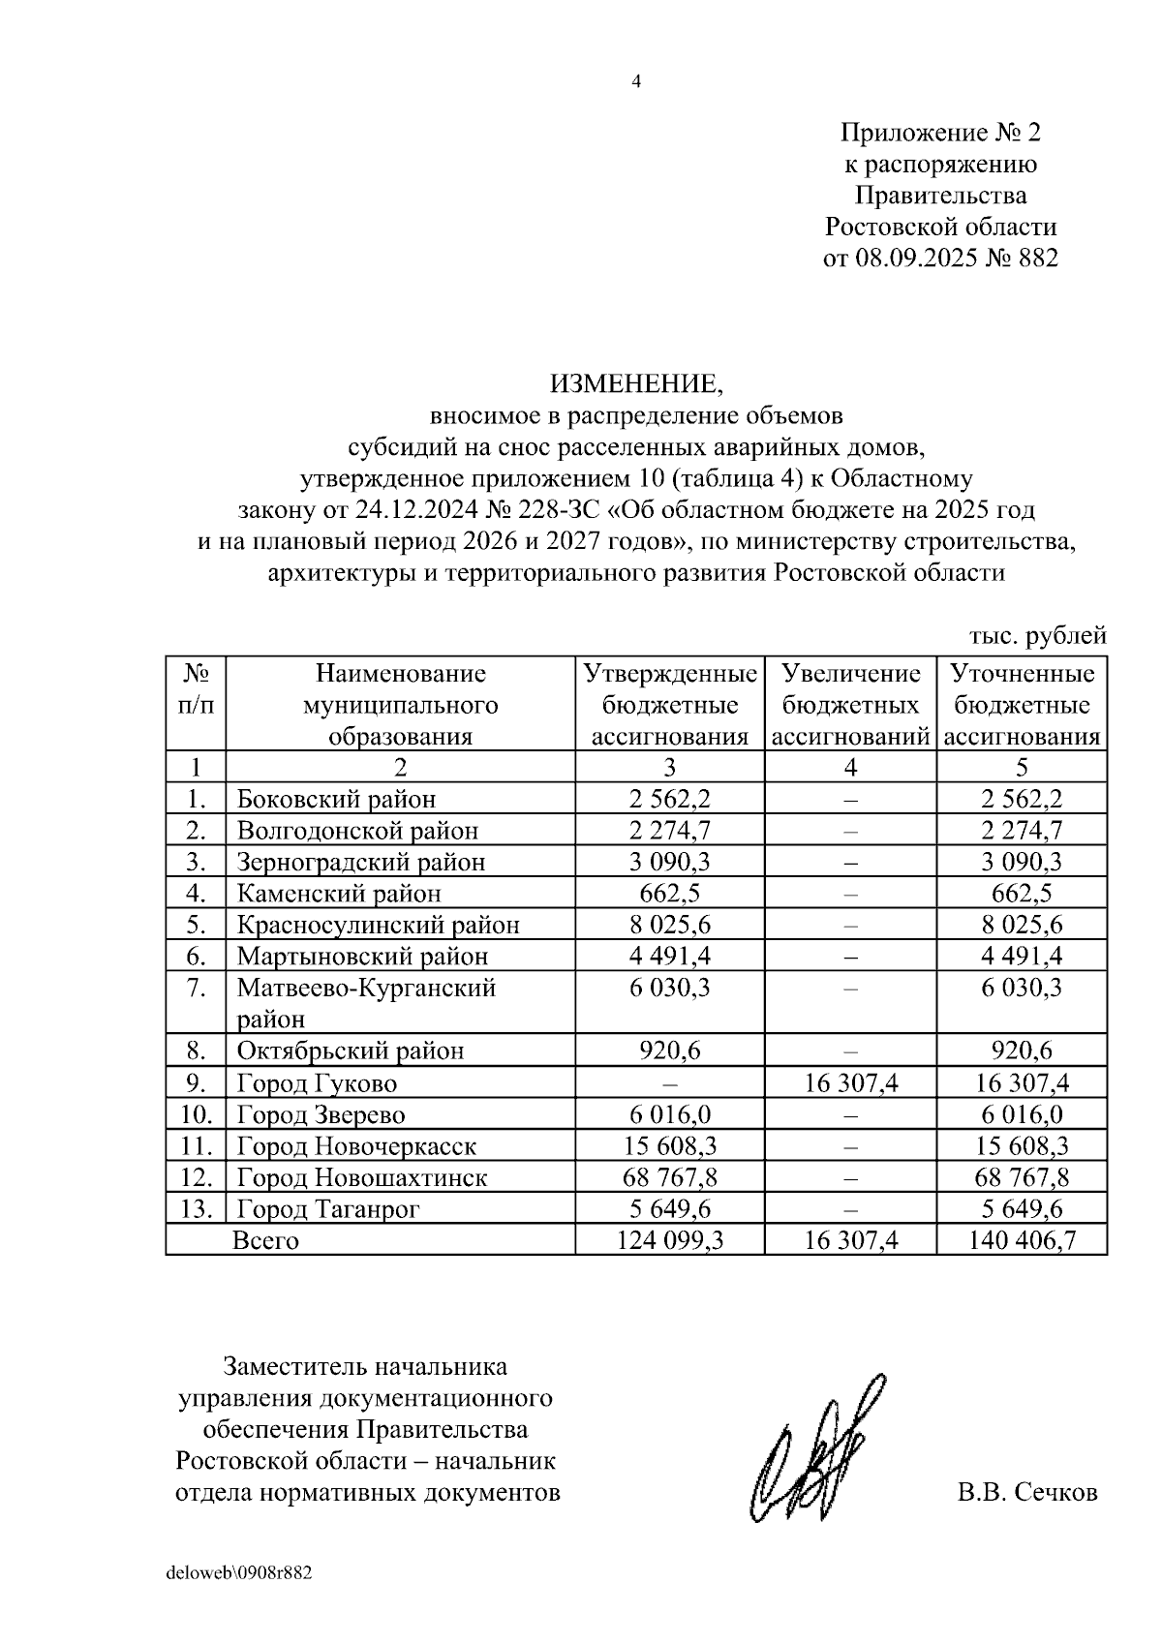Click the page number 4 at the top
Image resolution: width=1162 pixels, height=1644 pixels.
click(x=636, y=81)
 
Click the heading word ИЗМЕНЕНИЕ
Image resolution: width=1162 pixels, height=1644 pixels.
click(x=636, y=384)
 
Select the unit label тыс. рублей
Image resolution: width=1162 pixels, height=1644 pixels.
click(x=1038, y=636)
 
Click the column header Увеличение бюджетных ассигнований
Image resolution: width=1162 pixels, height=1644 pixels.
click(x=850, y=705)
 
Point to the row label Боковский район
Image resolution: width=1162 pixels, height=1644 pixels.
click(x=336, y=799)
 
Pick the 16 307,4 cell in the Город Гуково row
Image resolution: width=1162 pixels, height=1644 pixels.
click(x=850, y=1082)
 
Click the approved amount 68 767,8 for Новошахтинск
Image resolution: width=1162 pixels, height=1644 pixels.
click(x=669, y=1177)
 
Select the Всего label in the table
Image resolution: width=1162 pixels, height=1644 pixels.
click(x=266, y=1240)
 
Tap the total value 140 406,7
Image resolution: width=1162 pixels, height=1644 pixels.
click(x=1022, y=1240)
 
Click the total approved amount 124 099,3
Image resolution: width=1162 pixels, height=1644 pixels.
click(x=669, y=1240)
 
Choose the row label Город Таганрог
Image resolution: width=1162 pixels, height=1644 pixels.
click(x=328, y=1209)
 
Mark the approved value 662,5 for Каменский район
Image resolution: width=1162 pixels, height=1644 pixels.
click(x=669, y=893)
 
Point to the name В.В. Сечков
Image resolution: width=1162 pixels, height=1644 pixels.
click(x=1027, y=1492)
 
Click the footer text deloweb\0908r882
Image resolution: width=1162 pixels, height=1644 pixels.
click(x=238, y=1572)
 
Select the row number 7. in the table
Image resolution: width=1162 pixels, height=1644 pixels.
click(x=197, y=988)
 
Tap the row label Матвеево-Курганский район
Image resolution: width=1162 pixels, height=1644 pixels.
click(x=366, y=1002)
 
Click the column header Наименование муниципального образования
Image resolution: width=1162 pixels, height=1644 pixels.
click(x=400, y=705)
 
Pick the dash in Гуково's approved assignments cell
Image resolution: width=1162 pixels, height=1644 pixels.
click(x=669, y=1082)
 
